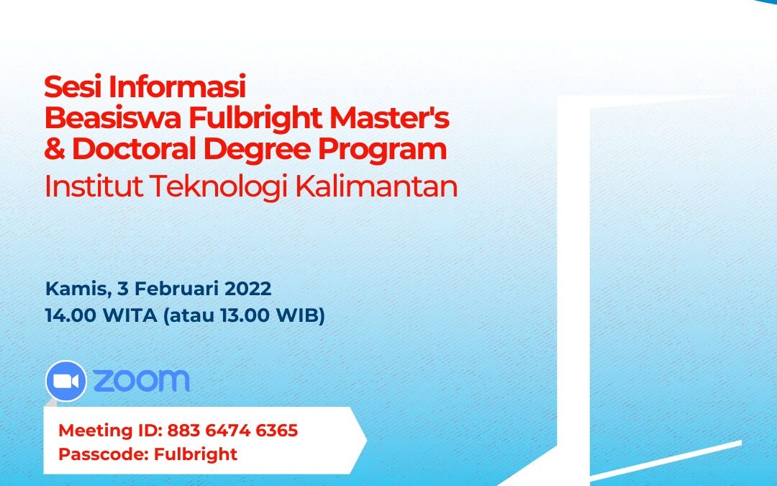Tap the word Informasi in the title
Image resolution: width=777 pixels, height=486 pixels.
tap(177, 87)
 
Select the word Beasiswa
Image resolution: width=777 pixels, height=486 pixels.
tap(113, 118)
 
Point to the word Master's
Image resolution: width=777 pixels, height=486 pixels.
tap(389, 118)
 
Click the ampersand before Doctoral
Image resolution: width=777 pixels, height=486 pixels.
tap(55, 149)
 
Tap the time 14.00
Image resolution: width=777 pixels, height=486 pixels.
tap(71, 315)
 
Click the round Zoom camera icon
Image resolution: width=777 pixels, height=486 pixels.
tap(66, 381)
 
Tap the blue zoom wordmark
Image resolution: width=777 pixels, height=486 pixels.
tap(141, 380)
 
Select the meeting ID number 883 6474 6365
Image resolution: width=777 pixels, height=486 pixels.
tap(232, 431)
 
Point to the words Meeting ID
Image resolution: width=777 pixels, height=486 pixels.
tap(111, 431)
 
